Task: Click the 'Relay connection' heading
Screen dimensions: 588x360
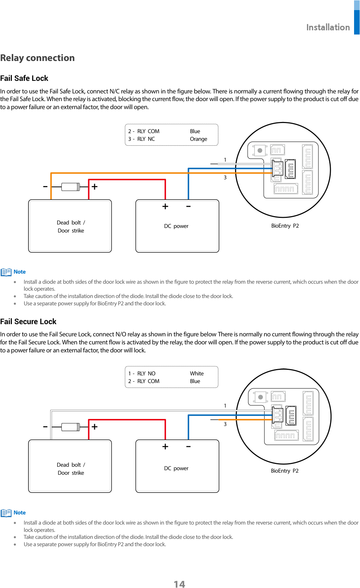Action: tap(37, 58)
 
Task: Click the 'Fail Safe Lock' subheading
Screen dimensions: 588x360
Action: tap(24, 78)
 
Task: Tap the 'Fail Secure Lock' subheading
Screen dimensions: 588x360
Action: tap(28, 322)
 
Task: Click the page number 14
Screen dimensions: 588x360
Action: tap(179, 584)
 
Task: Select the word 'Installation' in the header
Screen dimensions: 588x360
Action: tap(328, 27)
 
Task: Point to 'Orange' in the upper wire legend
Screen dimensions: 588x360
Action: tap(198, 139)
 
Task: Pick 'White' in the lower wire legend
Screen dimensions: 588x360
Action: tap(197, 374)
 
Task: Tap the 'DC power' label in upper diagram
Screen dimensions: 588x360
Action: tap(176, 226)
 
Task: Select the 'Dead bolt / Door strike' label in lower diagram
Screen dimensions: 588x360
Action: tap(71, 469)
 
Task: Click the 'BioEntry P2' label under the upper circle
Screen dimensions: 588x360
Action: tap(285, 226)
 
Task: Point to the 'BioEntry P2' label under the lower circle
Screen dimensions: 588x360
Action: tap(285, 471)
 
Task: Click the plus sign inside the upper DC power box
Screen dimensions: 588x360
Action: tap(165, 207)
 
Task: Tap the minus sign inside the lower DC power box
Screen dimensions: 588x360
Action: tap(188, 447)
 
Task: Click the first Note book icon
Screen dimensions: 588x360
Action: tap(6, 272)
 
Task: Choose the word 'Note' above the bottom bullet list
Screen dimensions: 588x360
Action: tap(20, 513)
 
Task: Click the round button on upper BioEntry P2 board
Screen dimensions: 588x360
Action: tap(260, 151)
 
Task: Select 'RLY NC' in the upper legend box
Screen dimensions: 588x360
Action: tap(146, 139)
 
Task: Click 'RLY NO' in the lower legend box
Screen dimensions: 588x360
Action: tap(146, 374)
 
